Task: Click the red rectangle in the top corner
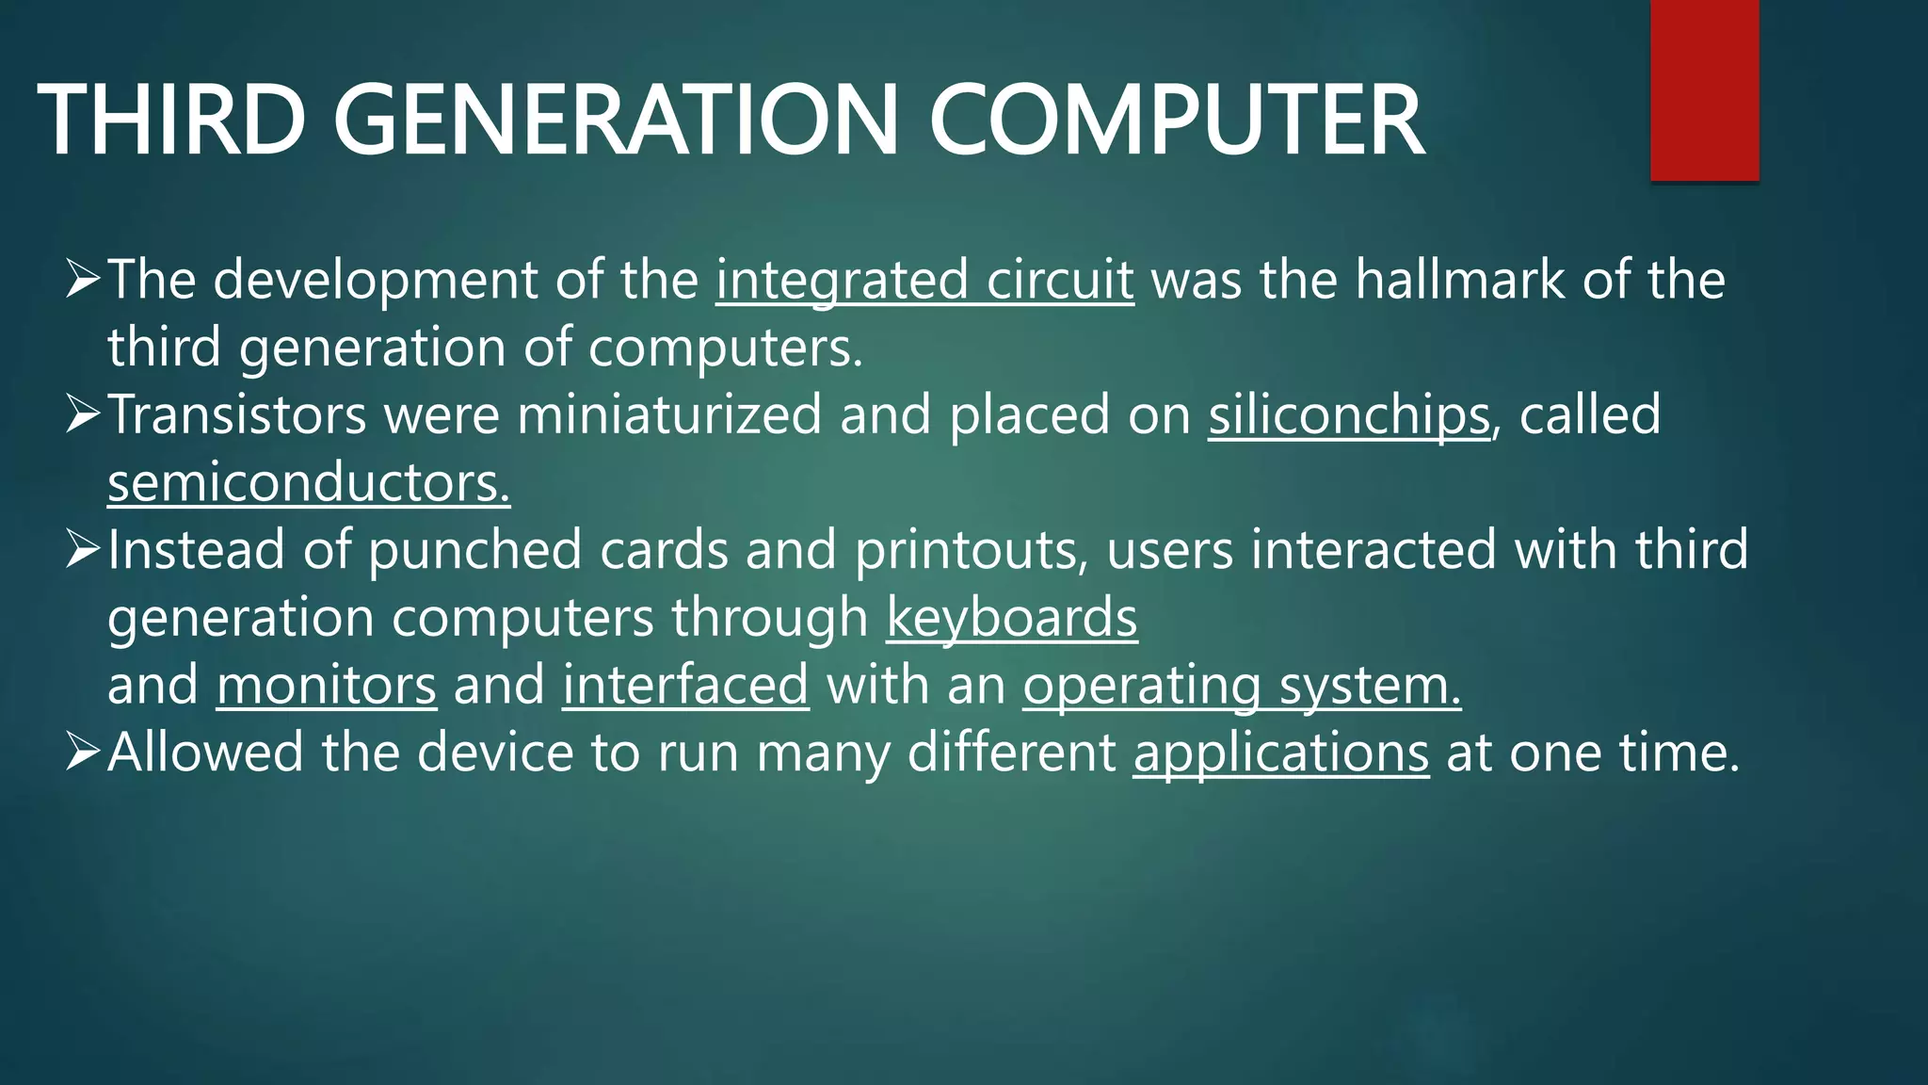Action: coord(1704,90)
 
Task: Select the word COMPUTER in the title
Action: coord(1177,121)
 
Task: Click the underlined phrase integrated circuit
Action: coord(924,281)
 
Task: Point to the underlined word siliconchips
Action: coord(1349,415)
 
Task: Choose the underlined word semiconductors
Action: coord(309,483)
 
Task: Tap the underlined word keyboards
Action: coord(1012,618)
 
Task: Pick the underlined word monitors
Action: coord(327,685)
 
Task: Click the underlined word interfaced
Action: coord(685,685)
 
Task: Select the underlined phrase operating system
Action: coord(1242,685)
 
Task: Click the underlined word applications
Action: coord(1281,753)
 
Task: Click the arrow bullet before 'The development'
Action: coord(83,280)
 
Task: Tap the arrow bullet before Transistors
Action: coord(83,414)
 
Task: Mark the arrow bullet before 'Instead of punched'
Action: coord(83,549)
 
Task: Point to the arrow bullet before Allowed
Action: coord(83,752)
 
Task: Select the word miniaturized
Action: coord(669,415)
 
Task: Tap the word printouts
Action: coord(971,551)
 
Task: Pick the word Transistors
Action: coord(236,415)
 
